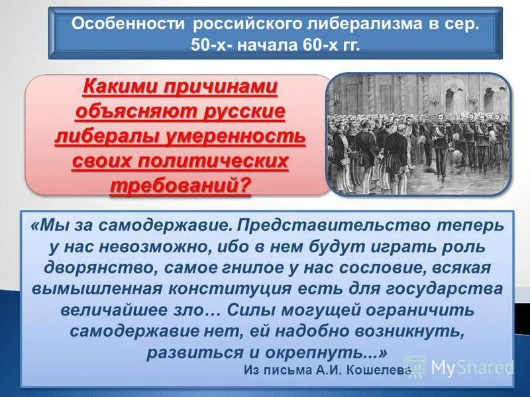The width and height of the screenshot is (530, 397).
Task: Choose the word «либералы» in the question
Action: pos(110,136)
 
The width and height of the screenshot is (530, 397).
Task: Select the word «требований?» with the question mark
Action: pos(181,185)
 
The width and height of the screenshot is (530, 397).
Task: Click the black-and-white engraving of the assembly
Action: pos(419,134)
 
